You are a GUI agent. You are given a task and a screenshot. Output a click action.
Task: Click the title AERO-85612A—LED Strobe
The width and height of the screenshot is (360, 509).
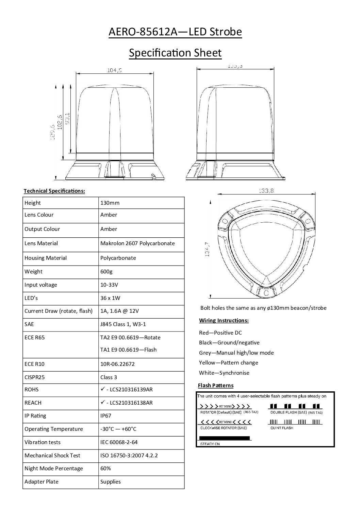(x=175, y=32)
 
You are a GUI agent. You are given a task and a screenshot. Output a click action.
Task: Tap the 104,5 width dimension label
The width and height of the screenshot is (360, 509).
(x=114, y=70)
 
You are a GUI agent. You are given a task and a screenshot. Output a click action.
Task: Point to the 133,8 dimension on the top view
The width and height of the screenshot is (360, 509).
(x=266, y=191)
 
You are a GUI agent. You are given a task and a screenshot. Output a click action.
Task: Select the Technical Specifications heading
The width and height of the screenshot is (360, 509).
(x=54, y=191)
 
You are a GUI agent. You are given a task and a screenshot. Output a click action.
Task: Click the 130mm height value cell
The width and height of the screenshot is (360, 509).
(x=110, y=203)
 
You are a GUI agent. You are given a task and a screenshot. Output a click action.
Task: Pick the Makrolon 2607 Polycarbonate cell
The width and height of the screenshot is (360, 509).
(x=137, y=243)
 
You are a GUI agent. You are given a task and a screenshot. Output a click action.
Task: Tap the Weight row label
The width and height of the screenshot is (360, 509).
(x=33, y=271)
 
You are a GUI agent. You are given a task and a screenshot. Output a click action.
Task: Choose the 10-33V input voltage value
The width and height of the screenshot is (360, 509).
(x=109, y=285)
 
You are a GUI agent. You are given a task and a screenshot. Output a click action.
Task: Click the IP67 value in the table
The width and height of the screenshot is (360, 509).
(x=106, y=415)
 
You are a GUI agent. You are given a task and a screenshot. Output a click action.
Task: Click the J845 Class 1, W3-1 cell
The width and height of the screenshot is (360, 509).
(x=123, y=324)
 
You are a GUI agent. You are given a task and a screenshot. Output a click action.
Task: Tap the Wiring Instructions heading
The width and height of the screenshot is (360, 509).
(x=224, y=320)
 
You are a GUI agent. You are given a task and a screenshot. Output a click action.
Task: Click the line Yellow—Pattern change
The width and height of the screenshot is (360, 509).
(x=228, y=362)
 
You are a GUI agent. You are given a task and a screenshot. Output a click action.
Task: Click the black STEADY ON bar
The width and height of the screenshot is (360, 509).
(x=224, y=438)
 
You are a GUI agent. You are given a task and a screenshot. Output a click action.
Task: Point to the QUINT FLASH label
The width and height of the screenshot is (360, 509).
(x=282, y=428)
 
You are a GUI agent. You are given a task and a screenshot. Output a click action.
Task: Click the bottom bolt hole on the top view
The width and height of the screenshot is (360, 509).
(x=266, y=292)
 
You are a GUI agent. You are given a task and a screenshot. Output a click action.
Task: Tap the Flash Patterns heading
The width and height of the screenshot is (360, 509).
(x=216, y=385)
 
